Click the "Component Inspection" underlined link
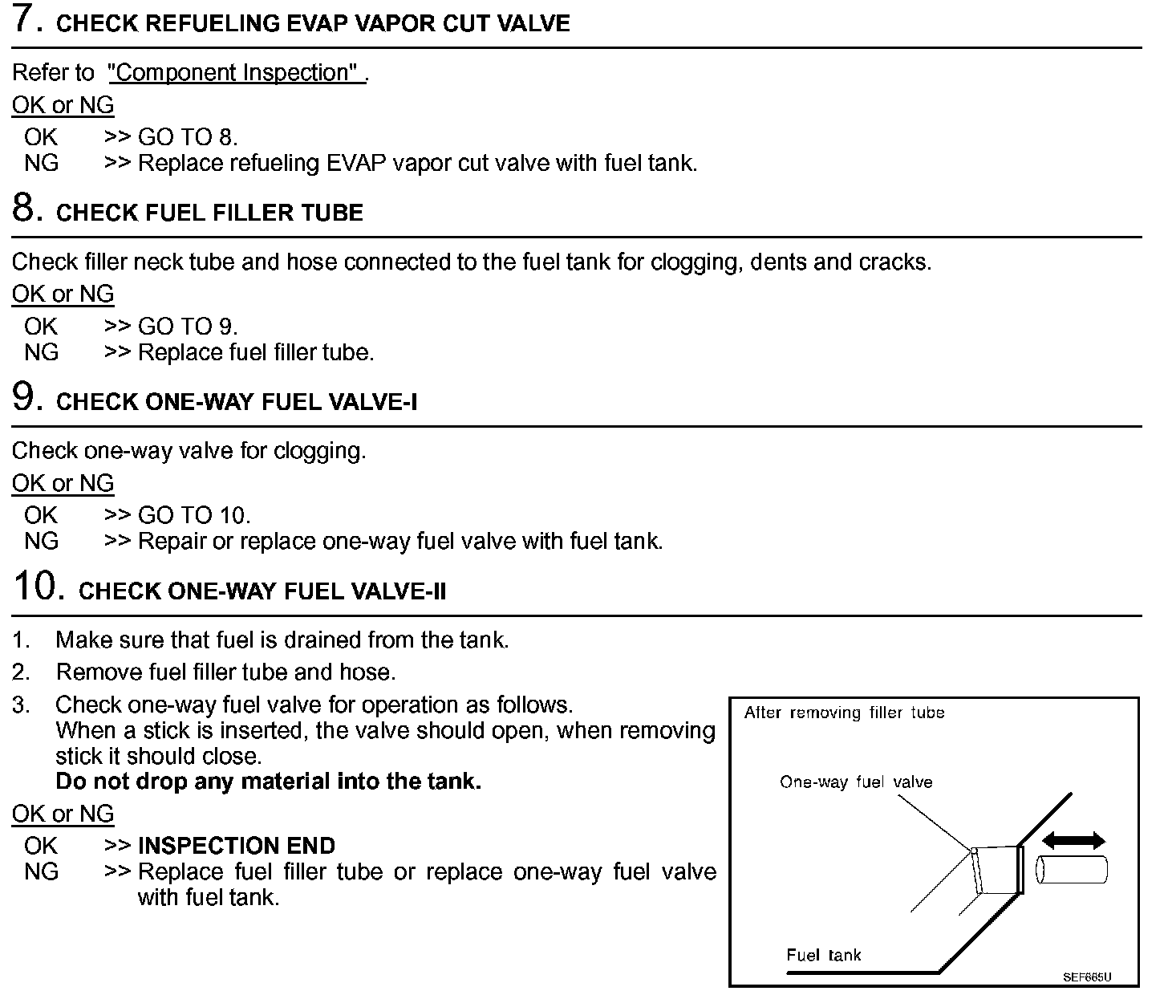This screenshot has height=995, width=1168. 235,73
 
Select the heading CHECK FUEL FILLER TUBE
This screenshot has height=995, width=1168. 209,213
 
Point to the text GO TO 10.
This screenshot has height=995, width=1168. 194,515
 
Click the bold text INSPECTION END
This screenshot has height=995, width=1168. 237,846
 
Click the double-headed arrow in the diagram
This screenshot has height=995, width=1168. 1073,840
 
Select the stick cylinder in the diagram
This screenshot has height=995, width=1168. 1072,871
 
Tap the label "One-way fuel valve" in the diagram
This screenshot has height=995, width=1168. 856,782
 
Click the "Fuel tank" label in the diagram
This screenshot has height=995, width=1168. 823,955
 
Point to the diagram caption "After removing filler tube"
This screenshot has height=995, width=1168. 844,713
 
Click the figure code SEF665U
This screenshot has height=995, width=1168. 1087,977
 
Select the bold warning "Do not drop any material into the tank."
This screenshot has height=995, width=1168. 268,782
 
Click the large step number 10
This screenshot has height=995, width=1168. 38,587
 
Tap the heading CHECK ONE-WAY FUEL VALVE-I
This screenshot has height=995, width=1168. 237,402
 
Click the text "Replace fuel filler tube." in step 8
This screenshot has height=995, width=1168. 256,352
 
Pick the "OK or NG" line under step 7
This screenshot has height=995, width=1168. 63,105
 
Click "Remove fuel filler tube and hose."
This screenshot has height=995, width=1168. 225,672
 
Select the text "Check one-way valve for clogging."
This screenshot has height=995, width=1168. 189,451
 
